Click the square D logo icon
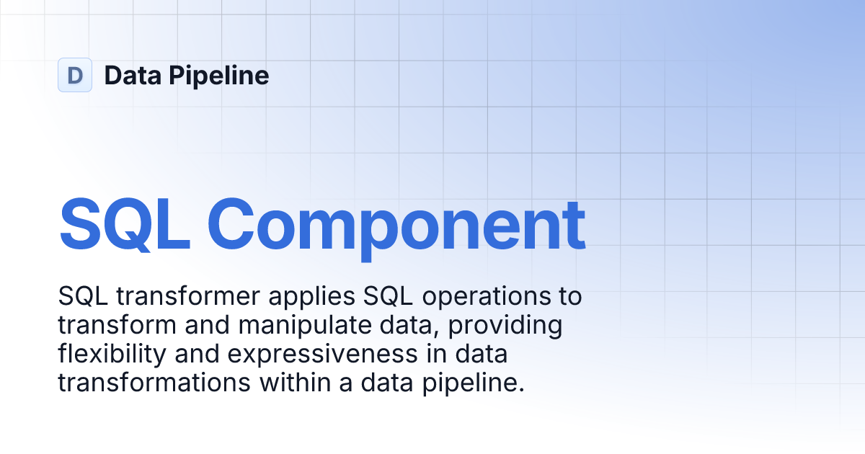75,75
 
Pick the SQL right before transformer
77,296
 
